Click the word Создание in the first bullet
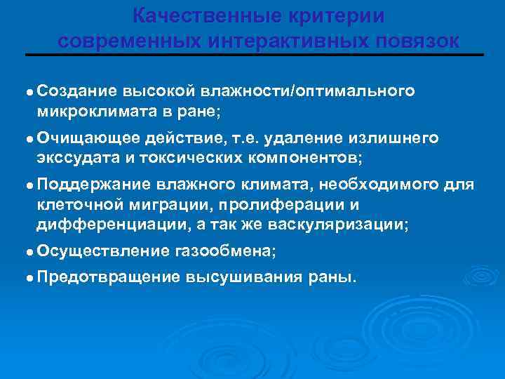(77, 91)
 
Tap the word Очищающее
(81, 138)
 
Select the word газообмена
(225, 251)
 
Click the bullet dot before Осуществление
(29, 251)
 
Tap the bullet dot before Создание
(29, 92)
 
